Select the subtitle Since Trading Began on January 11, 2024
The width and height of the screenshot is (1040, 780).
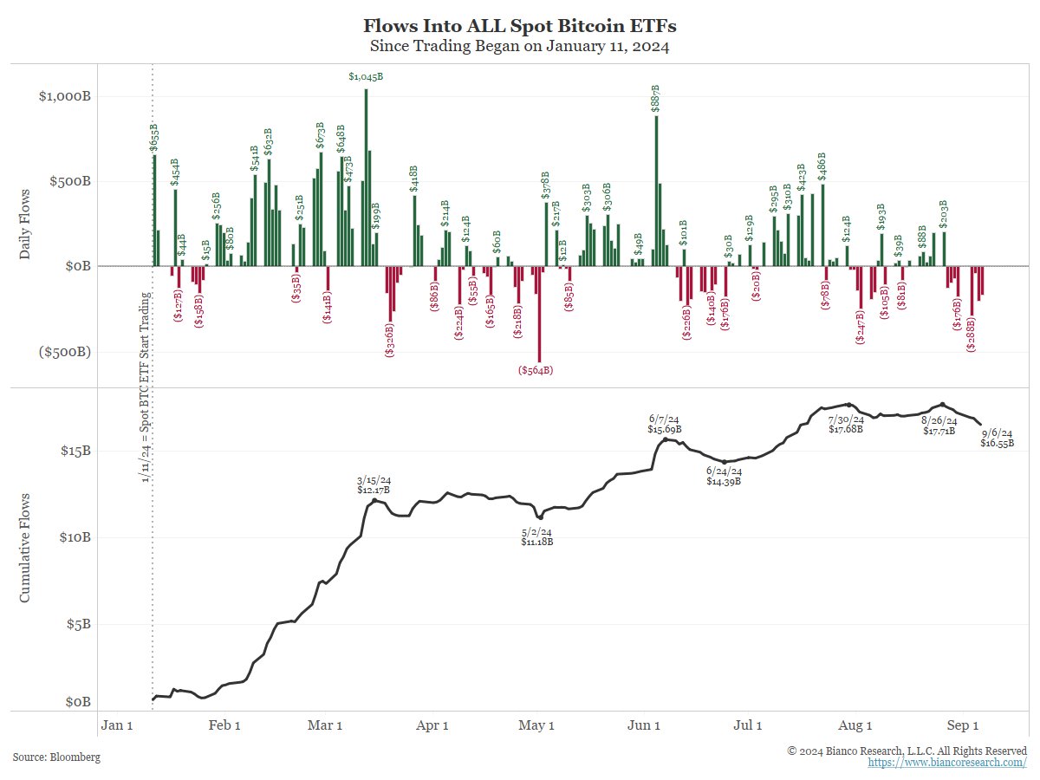[519, 46]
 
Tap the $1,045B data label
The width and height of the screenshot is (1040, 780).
[366, 77]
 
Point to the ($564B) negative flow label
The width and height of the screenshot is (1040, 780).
[536, 370]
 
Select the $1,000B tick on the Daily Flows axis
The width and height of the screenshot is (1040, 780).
[65, 96]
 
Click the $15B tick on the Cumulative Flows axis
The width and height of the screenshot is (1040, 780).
[75, 451]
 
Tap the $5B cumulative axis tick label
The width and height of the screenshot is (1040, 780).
[78, 624]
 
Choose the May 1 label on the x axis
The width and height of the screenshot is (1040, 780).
[537, 725]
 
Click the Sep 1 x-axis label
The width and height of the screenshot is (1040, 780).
[962, 725]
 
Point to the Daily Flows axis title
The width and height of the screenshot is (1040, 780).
[25, 224]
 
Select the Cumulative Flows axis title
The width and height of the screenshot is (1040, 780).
[25, 548]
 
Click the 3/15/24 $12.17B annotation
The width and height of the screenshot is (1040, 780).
[374, 484]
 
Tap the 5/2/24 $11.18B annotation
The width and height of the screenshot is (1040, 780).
[537, 536]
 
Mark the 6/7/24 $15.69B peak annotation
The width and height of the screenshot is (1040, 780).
[665, 424]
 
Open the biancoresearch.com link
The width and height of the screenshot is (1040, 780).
[947, 763]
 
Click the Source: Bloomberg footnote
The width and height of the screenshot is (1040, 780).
[56, 757]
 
